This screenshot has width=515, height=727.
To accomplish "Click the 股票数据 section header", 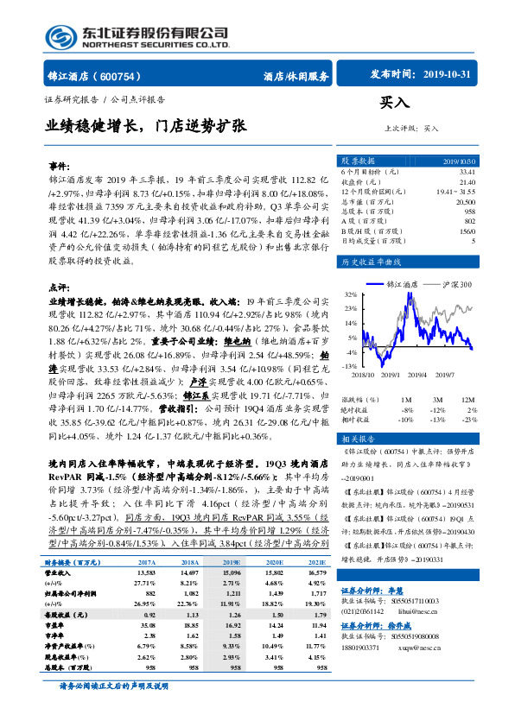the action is pyautogui.click(x=357, y=161).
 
